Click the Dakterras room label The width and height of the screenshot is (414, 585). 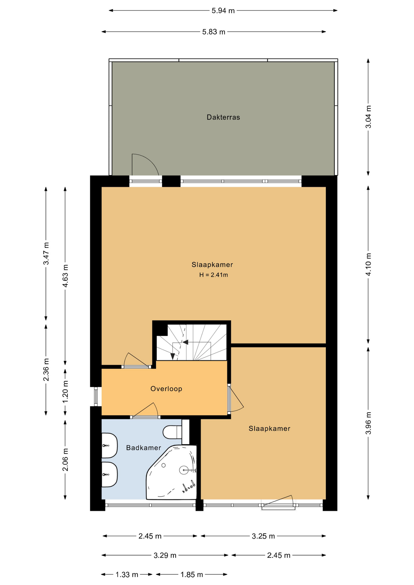tap(223, 117)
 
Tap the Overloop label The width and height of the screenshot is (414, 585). tap(166, 389)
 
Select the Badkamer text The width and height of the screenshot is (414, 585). tap(143, 448)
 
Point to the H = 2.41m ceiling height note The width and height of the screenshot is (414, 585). tap(213, 275)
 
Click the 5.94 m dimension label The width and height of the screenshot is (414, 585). tap(223, 11)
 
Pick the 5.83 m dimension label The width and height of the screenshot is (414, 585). tap(214, 32)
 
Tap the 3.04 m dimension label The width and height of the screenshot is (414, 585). tap(368, 117)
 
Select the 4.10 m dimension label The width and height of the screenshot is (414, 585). tap(368, 264)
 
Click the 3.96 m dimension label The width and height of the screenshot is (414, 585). tap(368, 423)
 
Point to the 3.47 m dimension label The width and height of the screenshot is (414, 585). tap(46, 254)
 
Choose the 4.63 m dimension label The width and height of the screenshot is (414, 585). tap(65, 276)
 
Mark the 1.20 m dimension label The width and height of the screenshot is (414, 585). tap(65, 392)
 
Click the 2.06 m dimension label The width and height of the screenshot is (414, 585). tap(65, 460)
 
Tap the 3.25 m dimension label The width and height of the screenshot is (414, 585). tap(263, 536)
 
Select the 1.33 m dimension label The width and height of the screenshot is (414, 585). tap(127, 575)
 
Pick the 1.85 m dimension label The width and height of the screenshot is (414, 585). tap(192, 575)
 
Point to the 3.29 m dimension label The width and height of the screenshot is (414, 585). tap(165, 555)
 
